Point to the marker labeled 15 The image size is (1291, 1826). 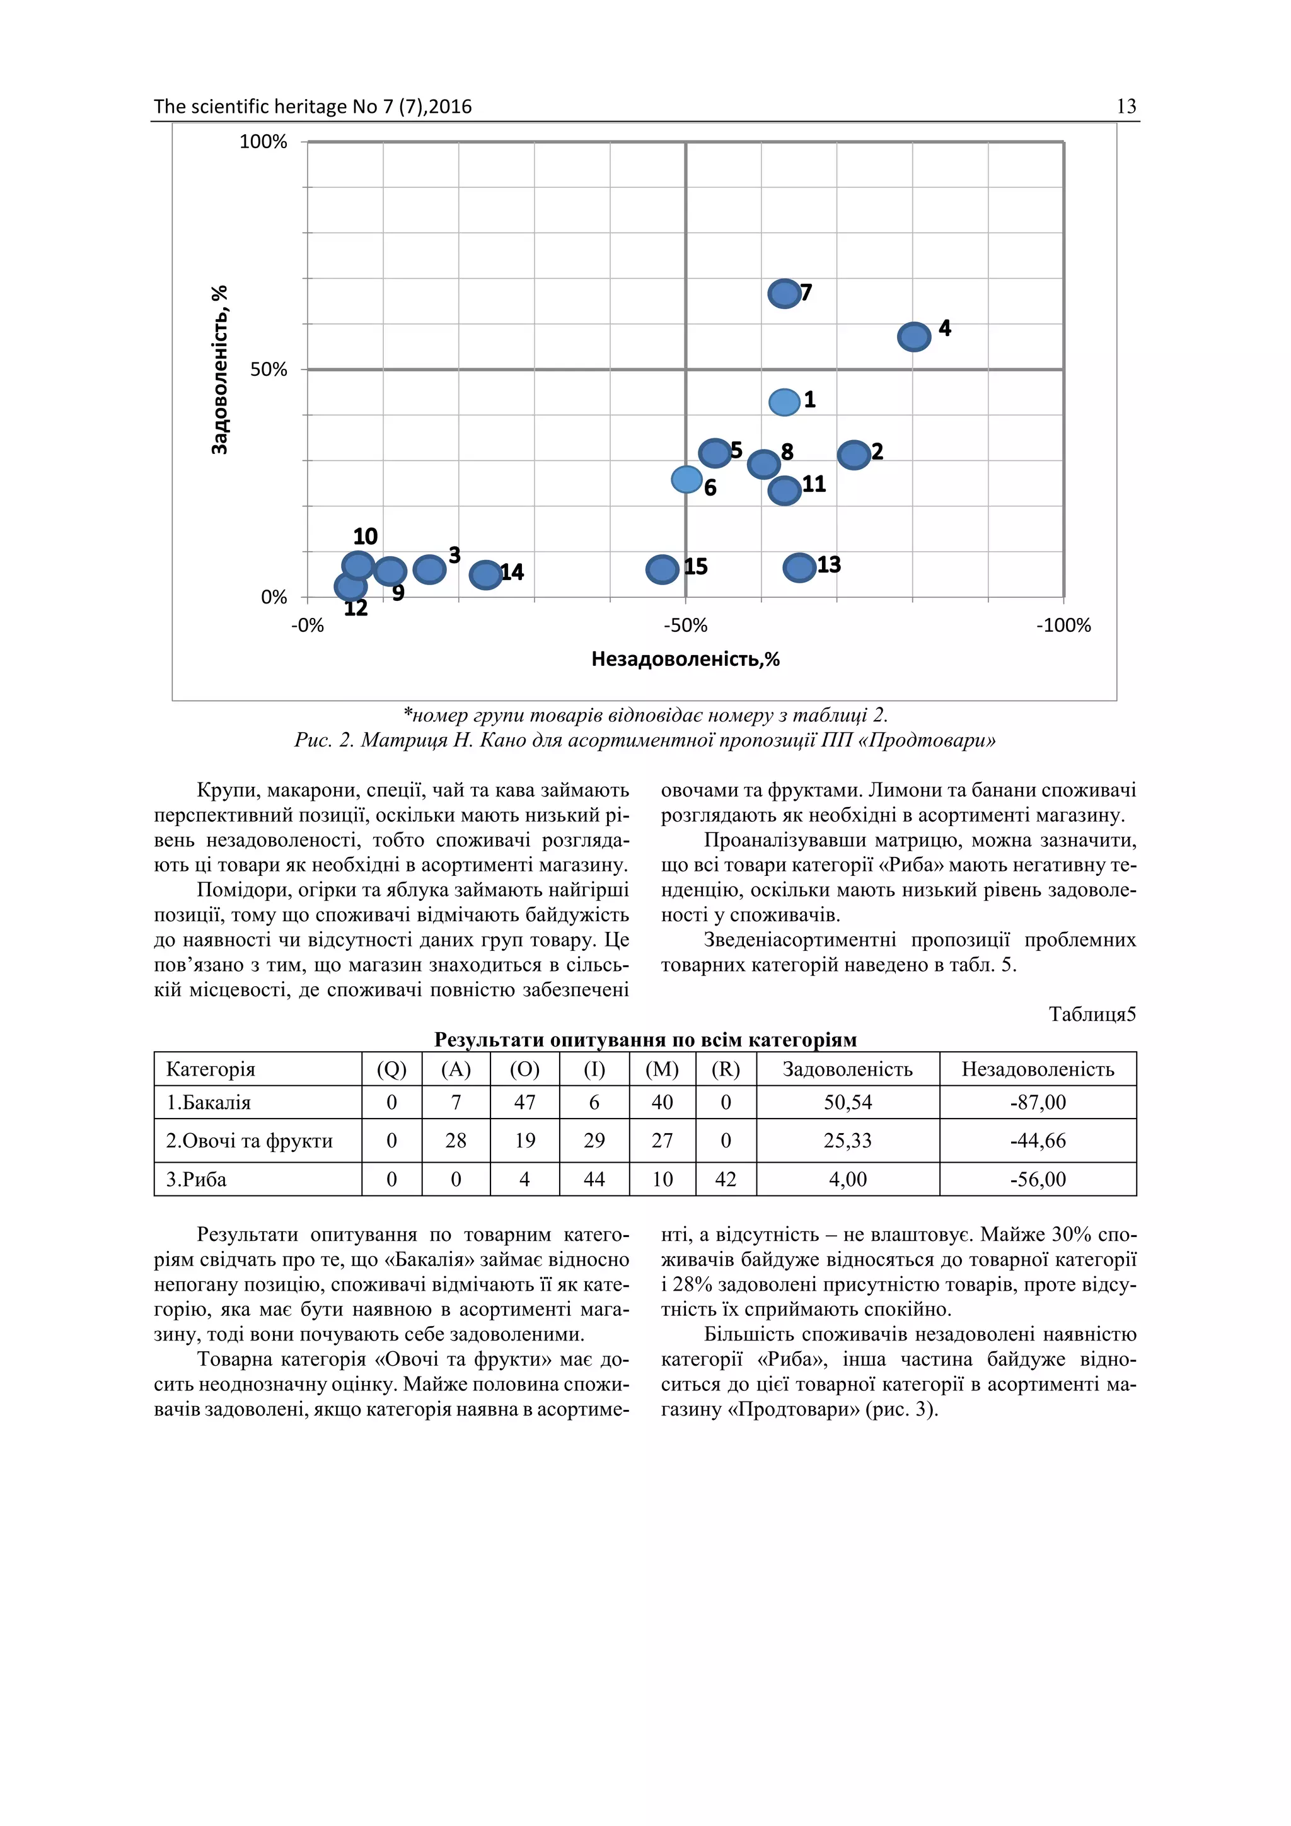click(x=662, y=569)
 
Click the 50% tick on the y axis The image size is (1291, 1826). click(x=268, y=370)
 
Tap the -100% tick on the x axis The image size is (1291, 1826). click(x=1063, y=626)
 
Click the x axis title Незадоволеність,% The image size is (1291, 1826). click(x=685, y=660)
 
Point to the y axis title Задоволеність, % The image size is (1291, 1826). click(x=219, y=370)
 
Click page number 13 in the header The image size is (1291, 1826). click(x=1126, y=107)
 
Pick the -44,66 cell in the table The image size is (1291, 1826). click(x=1038, y=1141)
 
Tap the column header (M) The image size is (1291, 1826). click(x=661, y=1069)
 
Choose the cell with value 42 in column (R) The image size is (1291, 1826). click(x=725, y=1180)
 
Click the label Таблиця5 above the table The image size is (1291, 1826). click(x=1091, y=1015)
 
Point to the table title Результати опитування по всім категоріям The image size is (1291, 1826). click(x=645, y=1040)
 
